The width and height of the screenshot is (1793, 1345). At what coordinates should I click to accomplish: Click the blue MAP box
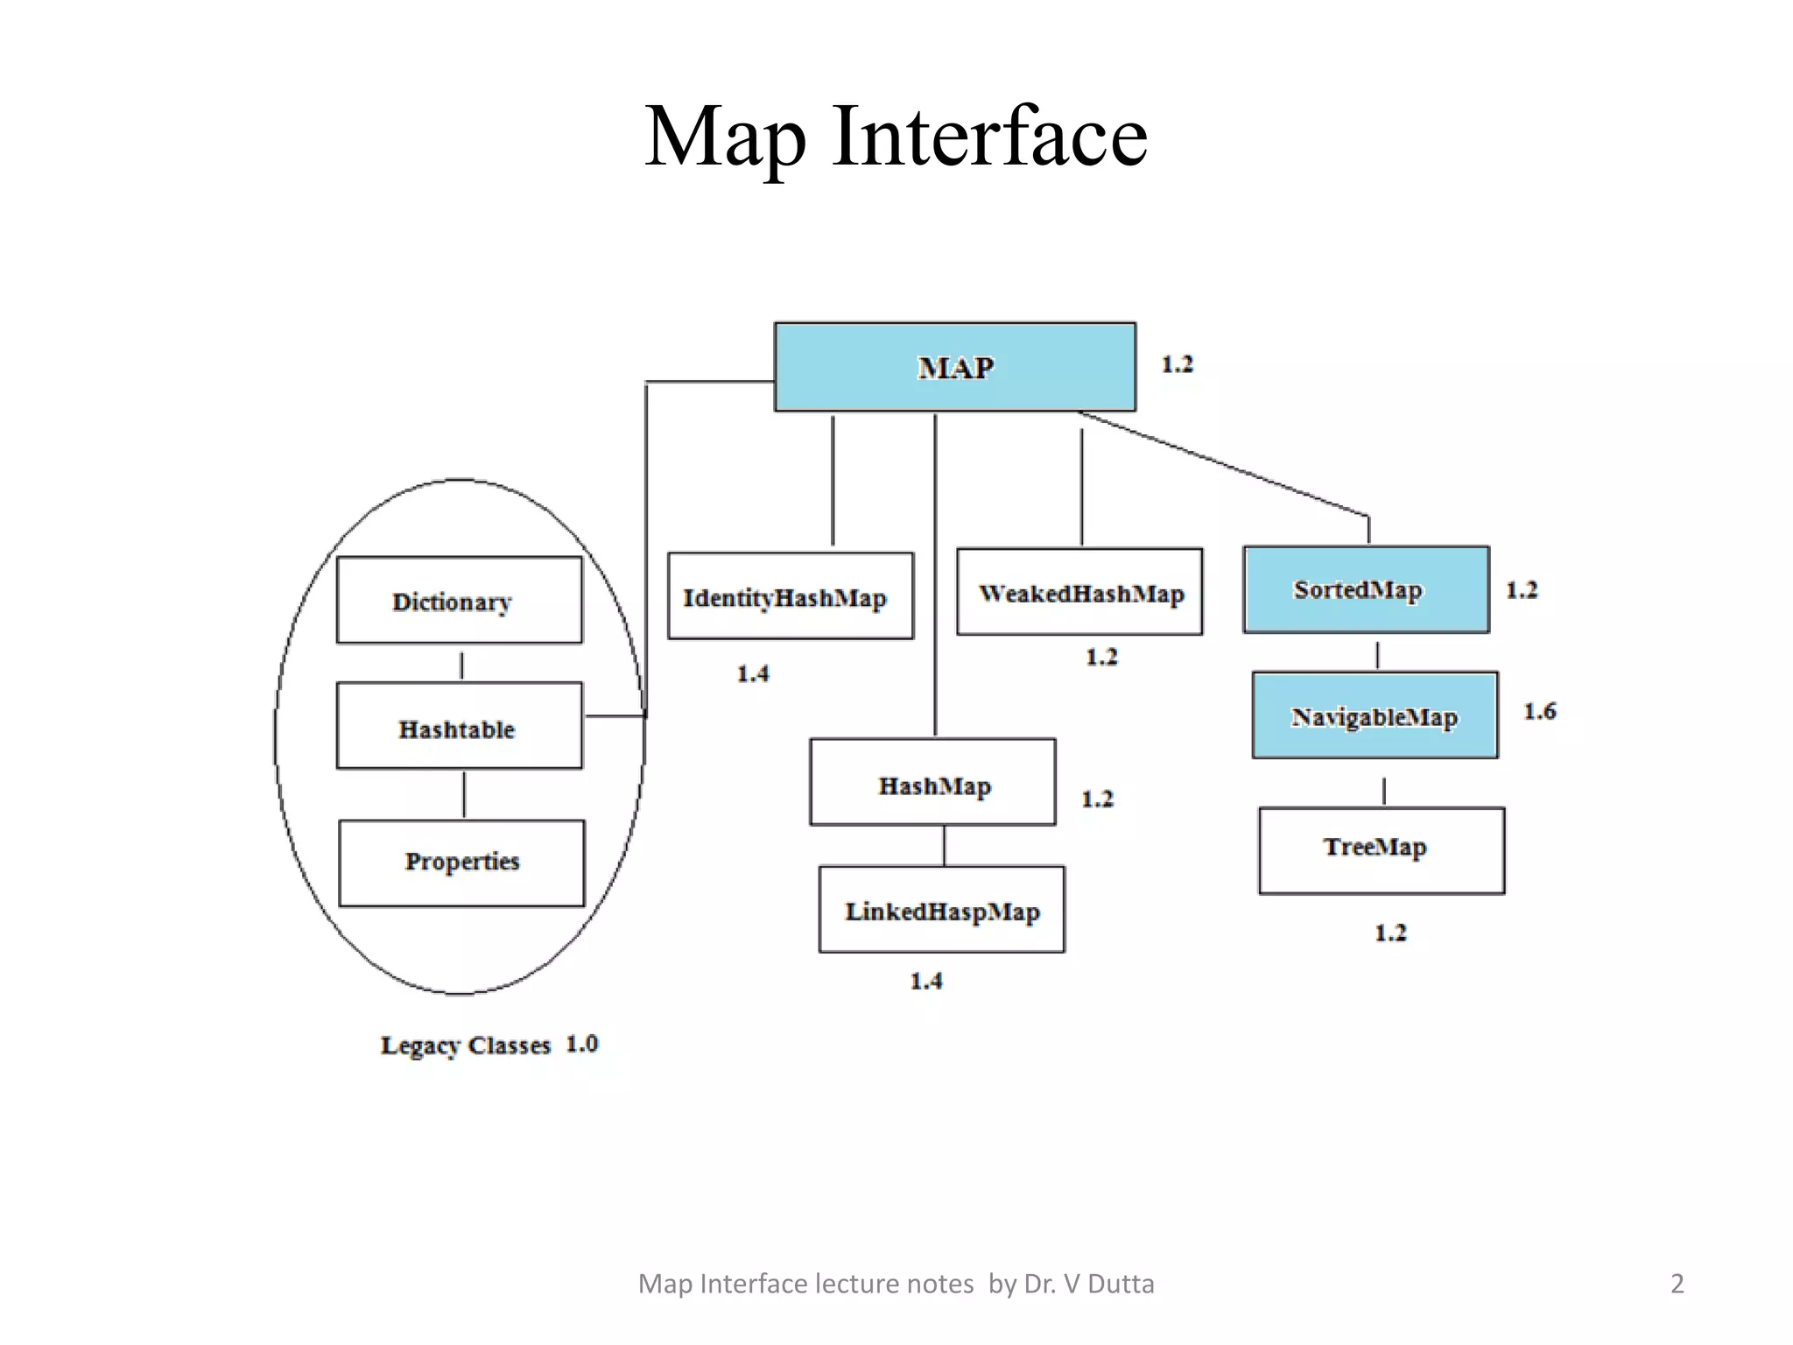pos(954,367)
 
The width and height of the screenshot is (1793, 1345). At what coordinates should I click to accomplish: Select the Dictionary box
pos(459,601)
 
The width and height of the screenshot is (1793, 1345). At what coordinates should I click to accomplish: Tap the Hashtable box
pos(459,727)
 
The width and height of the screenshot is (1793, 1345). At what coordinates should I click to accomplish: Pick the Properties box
pos(461,863)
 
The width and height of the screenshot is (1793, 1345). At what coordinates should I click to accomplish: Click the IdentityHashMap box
pos(790,596)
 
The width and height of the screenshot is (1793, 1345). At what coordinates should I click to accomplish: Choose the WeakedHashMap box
pos(1079,593)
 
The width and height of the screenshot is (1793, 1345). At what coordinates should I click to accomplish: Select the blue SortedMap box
pos(1366,589)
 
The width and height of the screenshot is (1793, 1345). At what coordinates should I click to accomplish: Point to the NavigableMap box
pos(1375,715)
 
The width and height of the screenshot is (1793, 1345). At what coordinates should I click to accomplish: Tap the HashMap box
pos(932,783)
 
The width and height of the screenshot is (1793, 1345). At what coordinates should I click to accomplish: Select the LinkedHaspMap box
pos(941,910)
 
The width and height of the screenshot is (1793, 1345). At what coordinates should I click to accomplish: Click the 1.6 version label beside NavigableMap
pos(1539,711)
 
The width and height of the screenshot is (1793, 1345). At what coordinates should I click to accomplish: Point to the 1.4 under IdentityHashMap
pos(752,673)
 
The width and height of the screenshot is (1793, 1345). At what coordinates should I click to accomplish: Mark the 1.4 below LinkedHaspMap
pos(925,981)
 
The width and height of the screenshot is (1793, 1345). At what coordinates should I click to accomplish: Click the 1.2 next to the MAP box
pos(1177,364)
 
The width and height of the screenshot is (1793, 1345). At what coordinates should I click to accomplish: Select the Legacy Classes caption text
pos(465,1046)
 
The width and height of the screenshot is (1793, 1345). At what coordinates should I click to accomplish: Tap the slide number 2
pos(1677,1284)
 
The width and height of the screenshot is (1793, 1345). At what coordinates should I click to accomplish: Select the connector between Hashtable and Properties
pos(463,794)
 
